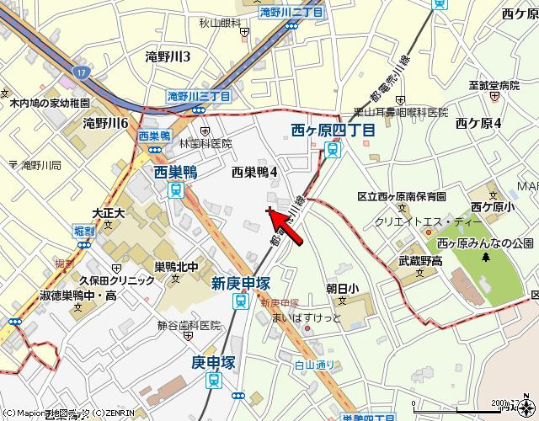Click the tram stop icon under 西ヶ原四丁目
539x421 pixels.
pyautogui.click(x=334, y=149)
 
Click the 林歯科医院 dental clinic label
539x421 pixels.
pyautogui.click(x=204, y=144)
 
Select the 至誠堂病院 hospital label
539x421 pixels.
pyautogui.click(x=494, y=85)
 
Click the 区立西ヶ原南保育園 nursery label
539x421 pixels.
pyautogui.click(x=401, y=196)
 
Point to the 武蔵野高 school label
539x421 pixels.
pyautogui.click(x=420, y=262)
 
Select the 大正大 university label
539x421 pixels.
pyautogui.click(x=108, y=214)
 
